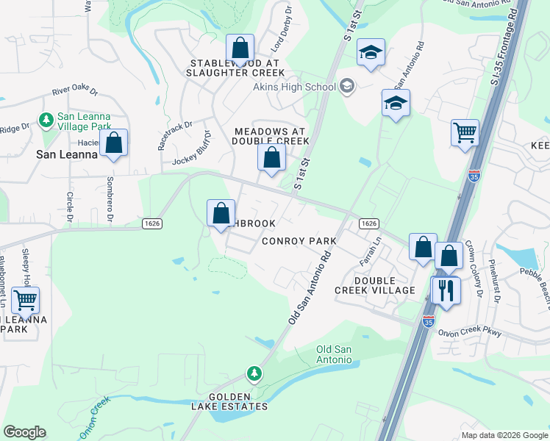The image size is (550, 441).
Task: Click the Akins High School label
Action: coord(294,87)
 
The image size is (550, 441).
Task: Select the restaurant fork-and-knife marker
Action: coord(446,290)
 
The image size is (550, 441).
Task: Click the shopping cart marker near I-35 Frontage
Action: coord(465,135)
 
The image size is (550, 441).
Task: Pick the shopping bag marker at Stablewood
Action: coord(240,51)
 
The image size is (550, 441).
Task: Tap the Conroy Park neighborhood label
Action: coord(299,241)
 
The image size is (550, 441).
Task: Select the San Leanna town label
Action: coord(67,155)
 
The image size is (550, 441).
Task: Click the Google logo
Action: coord(24,432)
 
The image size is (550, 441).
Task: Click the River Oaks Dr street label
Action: coord(75,91)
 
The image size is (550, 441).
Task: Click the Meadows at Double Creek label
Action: coord(271,136)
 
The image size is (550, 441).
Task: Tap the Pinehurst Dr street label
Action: coord(496,287)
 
